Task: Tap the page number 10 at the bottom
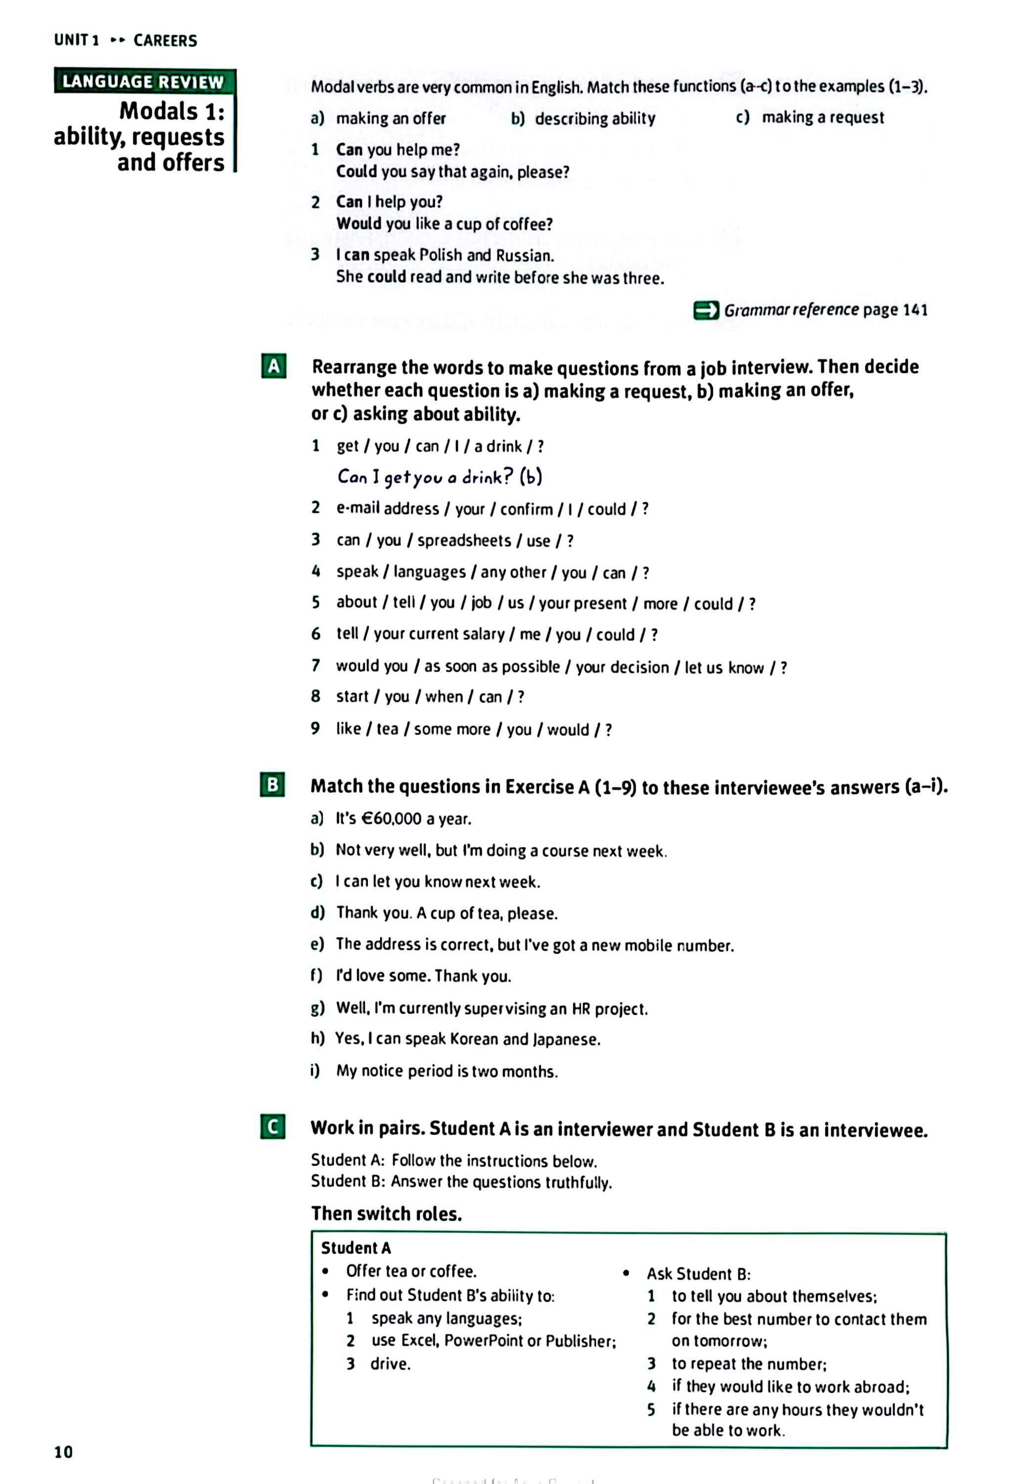[64, 1451]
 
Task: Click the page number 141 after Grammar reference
[914, 310]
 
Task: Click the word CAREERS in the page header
[165, 41]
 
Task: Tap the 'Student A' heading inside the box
[356, 1248]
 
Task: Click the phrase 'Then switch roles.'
[386, 1213]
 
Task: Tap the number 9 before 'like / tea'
[315, 728]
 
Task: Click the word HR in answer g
[580, 1008]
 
